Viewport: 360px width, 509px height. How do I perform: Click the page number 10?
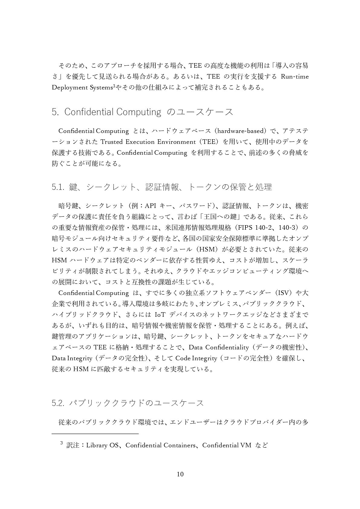(x=180, y=474)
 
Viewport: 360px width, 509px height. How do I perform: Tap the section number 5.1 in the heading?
(x=57, y=187)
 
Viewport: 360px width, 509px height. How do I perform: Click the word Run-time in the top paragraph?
(x=295, y=76)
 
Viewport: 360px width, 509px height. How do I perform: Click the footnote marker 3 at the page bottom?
(x=61, y=443)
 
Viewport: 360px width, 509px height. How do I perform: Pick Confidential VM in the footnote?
(x=227, y=445)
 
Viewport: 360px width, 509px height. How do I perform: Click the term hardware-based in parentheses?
(x=240, y=131)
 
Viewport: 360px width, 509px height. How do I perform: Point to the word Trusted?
(x=111, y=142)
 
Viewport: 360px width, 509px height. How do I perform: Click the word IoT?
(x=160, y=315)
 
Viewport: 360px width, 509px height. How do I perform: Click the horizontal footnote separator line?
(x=95, y=434)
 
